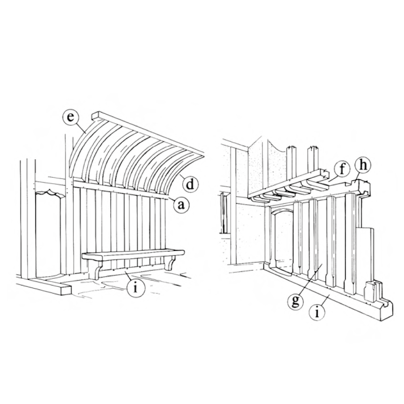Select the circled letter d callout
pos(190,185)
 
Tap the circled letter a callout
pos(181,205)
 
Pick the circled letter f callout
pos(342,170)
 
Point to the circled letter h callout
pos(363,165)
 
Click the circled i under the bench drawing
pos(135,288)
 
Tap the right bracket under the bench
pos(170,263)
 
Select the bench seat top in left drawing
pos(133,255)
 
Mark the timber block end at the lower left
pos(66,290)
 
